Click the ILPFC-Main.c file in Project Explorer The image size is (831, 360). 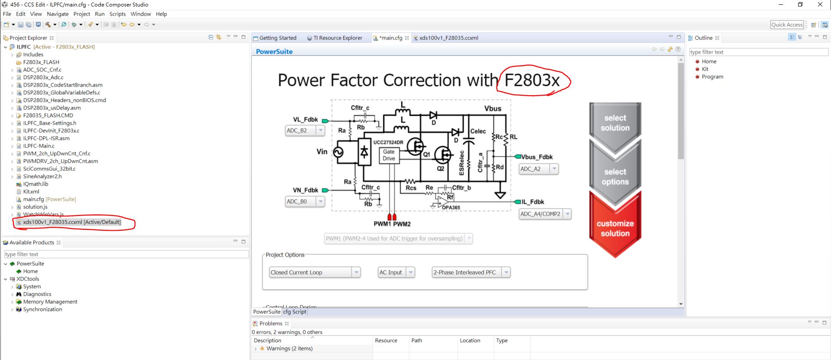[x=39, y=146]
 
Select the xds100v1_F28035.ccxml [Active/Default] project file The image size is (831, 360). [x=71, y=222]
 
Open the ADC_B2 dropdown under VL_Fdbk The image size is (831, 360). [x=305, y=130]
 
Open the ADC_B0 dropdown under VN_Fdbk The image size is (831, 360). [x=305, y=201]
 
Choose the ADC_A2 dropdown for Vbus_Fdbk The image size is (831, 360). [x=538, y=169]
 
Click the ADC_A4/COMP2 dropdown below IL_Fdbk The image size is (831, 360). [x=545, y=214]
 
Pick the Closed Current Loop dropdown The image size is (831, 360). [x=314, y=272]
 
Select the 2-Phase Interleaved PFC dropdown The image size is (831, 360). [x=471, y=272]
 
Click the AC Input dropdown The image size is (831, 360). [x=396, y=272]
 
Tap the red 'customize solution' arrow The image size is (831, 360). [x=615, y=228]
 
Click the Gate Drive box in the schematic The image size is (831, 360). [x=389, y=155]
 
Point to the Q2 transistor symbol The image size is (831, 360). [x=443, y=154]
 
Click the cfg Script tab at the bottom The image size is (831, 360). [x=294, y=312]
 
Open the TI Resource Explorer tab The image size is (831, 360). [x=337, y=38]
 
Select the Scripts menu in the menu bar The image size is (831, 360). [x=117, y=14]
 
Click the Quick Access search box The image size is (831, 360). [x=786, y=25]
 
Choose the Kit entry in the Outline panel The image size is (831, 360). [x=705, y=69]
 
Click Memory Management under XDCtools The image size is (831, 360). [x=50, y=302]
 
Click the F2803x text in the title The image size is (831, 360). [x=532, y=80]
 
